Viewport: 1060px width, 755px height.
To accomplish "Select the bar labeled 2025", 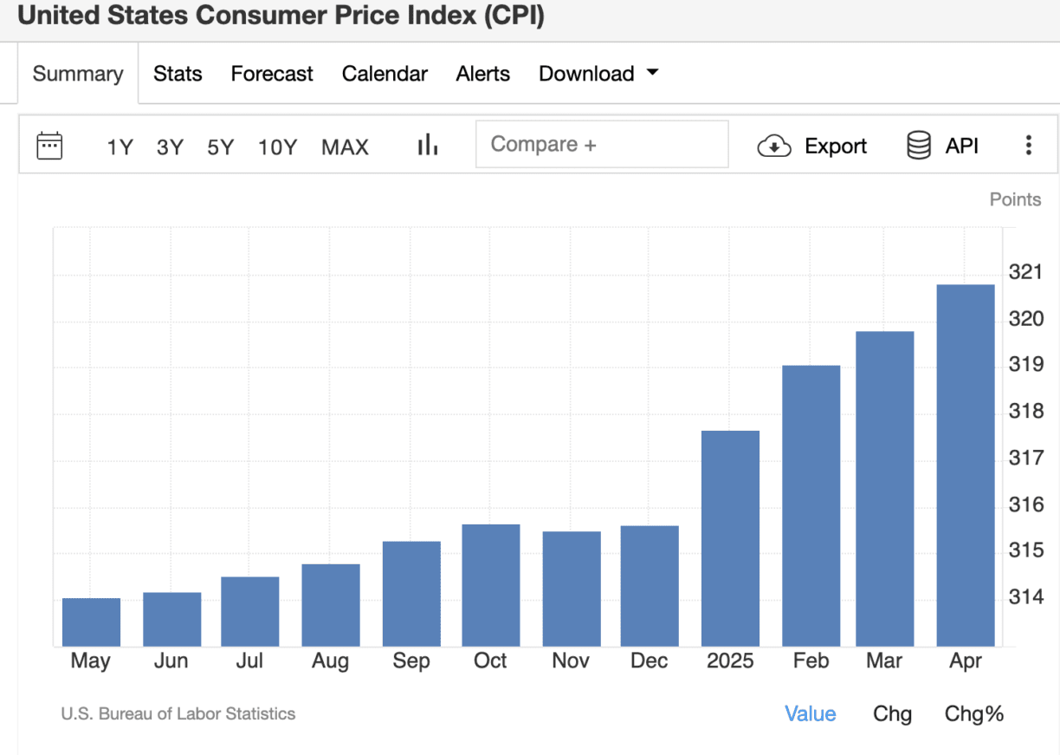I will point(730,538).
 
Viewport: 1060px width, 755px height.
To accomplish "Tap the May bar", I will point(91,622).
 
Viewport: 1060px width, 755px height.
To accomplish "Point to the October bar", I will point(491,585).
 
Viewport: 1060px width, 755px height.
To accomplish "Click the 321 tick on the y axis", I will point(1026,273).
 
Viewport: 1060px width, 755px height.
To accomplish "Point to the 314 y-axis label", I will point(1026,597).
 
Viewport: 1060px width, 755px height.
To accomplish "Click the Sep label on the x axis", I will point(410,661).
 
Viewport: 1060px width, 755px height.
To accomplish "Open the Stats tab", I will point(178,74).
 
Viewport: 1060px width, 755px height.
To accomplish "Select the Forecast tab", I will point(272,74).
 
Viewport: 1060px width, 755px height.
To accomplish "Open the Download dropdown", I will point(598,74).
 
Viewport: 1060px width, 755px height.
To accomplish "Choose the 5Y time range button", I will point(220,147).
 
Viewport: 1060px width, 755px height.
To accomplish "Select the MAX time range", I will point(345,147).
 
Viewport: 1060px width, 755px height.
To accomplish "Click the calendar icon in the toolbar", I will point(49,146).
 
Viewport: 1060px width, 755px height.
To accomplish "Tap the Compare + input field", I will point(601,144).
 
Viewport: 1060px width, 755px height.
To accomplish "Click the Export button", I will point(812,146).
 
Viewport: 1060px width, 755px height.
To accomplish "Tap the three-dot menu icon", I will point(1028,146).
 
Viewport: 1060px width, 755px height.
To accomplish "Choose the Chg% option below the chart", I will point(973,714).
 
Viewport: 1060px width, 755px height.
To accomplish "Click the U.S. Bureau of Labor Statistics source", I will point(178,714).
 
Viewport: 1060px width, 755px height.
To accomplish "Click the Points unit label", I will point(1015,199).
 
